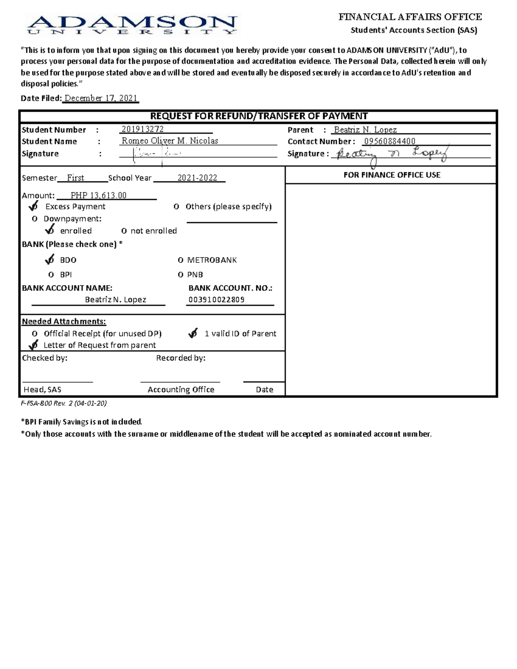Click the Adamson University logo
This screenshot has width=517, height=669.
point(131,25)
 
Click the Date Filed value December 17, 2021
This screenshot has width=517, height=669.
point(101,98)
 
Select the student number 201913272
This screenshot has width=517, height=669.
point(143,129)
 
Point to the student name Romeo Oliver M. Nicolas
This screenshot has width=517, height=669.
point(170,141)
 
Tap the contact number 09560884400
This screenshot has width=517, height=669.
point(389,141)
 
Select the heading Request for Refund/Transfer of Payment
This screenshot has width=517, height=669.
point(258,116)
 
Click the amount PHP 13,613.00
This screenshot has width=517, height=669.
point(99,196)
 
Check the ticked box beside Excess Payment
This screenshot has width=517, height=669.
point(34,206)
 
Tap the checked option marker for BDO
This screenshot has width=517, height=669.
point(50,260)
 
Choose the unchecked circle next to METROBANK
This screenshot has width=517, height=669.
point(181,260)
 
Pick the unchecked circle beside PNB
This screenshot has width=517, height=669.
point(181,275)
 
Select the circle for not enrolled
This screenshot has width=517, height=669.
point(124,231)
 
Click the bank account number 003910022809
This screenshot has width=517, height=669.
point(216,300)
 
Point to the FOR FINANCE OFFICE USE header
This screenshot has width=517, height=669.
point(392,175)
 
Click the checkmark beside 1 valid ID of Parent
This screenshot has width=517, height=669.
point(193,333)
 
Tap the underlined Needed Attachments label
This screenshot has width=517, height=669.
point(64,322)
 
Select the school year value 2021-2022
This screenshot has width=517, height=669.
point(197,178)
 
